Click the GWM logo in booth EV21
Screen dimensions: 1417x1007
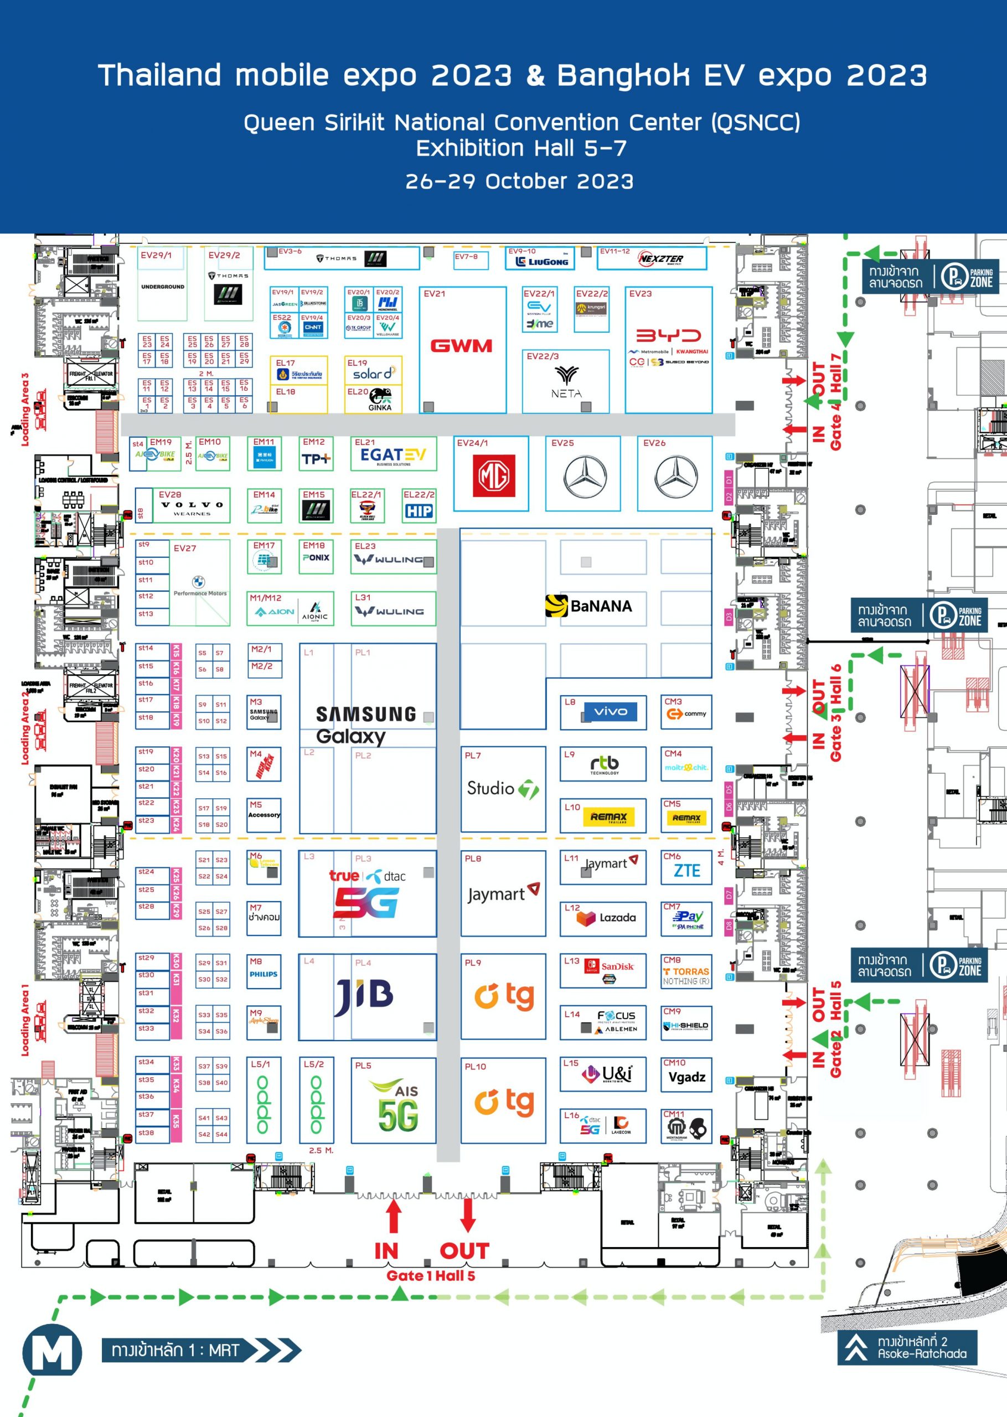click(461, 345)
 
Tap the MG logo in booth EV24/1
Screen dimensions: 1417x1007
click(494, 475)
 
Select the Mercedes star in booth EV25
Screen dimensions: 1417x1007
click(585, 477)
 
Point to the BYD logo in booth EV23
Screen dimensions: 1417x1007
click(668, 335)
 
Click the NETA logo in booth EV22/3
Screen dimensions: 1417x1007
click(566, 381)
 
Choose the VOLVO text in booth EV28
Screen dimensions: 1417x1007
click(192, 505)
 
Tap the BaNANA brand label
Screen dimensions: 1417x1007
click(588, 606)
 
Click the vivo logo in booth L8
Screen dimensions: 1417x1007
click(610, 711)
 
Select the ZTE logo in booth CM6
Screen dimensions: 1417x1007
click(687, 871)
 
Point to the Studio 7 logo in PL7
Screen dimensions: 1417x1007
click(503, 788)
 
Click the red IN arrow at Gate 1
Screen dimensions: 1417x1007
click(393, 1216)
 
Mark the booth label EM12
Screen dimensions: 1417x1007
click(313, 442)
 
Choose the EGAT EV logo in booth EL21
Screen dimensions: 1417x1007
click(393, 456)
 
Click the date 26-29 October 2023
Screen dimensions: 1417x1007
click(519, 182)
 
